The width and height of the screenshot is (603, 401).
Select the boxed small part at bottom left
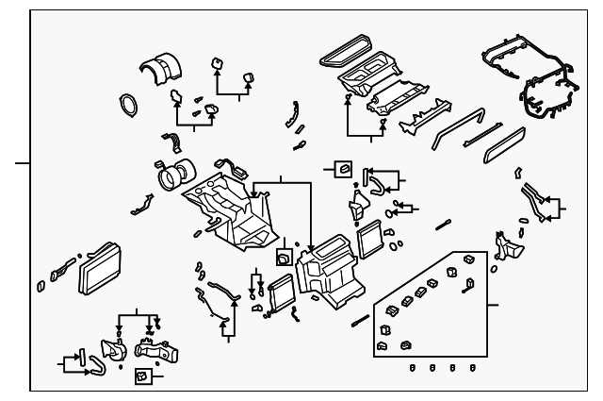pos(141,376)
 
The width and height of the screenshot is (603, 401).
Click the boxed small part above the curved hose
pos(343,169)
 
